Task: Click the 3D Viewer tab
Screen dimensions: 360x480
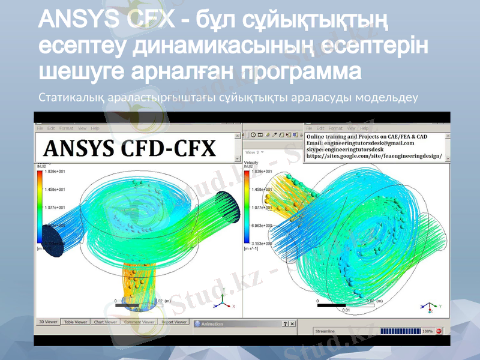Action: point(49,322)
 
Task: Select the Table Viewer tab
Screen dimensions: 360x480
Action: point(76,322)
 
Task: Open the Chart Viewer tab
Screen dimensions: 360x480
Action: point(106,322)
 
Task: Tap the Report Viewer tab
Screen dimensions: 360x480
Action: point(175,322)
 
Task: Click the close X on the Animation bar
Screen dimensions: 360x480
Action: point(292,324)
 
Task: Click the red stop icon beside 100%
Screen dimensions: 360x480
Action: point(439,331)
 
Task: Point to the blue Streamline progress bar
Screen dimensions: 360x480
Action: point(400,331)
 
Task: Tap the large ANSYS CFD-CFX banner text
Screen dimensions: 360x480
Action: point(131,148)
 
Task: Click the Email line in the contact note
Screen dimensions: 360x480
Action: point(360,143)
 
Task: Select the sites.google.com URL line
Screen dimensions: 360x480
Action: point(374,156)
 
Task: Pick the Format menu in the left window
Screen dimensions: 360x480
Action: point(67,128)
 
